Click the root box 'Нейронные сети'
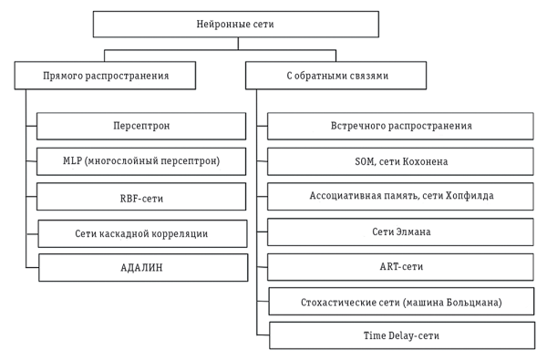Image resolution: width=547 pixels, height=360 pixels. (x=235, y=24)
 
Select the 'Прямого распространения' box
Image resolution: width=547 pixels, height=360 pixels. (x=105, y=76)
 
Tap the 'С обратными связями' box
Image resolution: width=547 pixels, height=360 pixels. (x=335, y=76)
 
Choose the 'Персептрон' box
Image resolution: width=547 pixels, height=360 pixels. (x=141, y=126)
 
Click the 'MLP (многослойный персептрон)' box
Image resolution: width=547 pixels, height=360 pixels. (x=141, y=161)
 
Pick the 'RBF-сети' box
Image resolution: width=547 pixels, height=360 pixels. (x=141, y=197)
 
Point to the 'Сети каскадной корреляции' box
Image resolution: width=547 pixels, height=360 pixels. (x=141, y=233)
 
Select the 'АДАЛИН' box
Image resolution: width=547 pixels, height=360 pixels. (x=141, y=268)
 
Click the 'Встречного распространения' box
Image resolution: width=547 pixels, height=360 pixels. (x=400, y=126)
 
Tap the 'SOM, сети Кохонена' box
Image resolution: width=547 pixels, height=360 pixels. (x=400, y=161)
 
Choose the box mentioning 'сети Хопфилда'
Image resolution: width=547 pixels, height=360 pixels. (x=400, y=197)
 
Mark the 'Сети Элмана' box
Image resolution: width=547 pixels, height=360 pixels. (x=400, y=232)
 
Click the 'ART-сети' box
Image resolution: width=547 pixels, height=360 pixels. (x=400, y=267)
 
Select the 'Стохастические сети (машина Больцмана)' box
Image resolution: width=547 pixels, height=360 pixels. (x=400, y=302)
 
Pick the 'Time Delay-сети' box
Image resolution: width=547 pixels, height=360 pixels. (x=400, y=335)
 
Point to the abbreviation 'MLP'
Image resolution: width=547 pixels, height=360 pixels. (x=73, y=161)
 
